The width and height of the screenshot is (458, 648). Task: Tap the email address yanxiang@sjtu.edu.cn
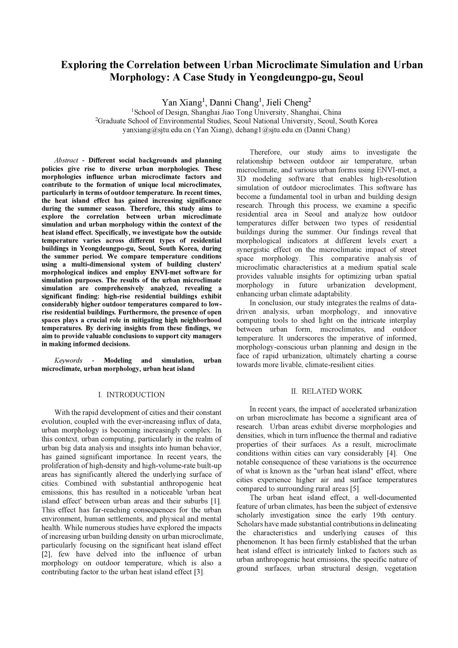(157, 130)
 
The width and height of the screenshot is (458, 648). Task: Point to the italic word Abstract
(66, 160)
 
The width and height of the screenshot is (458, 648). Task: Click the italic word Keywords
(68, 360)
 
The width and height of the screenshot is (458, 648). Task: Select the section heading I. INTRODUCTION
(131, 395)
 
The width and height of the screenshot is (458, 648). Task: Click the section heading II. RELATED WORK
(326, 391)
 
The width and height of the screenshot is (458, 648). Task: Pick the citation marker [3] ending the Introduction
(199, 572)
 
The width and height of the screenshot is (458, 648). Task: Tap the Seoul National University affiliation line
(237, 121)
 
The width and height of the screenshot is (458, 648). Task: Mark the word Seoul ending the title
(351, 77)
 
